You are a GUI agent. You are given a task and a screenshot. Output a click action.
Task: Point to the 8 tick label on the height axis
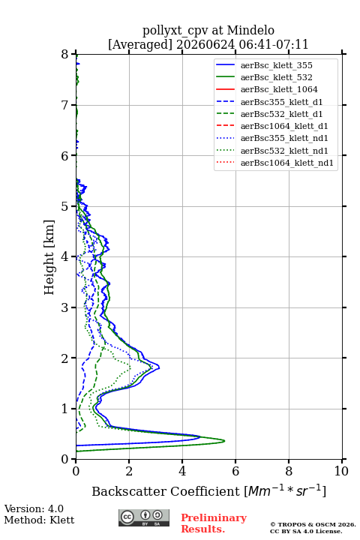tap(65, 54)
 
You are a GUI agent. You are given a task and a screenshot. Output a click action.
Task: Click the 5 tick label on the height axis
tap(65, 206)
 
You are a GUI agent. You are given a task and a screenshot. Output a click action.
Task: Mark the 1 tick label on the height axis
tap(65, 409)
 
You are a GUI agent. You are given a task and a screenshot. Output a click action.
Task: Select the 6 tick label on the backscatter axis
tap(235, 471)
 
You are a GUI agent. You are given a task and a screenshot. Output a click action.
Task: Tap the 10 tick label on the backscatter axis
tap(341, 471)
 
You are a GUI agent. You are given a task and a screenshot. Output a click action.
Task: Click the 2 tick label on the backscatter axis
tap(129, 471)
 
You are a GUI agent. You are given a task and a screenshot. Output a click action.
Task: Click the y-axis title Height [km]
tap(49, 257)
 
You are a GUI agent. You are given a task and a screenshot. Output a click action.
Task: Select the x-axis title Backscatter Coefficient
tap(166, 491)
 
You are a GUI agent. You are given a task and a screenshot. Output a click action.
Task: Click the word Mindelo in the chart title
tap(250, 30)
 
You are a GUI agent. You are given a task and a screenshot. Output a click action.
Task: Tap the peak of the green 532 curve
tap(224, 441)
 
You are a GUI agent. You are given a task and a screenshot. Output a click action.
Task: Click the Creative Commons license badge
tap(144, 517)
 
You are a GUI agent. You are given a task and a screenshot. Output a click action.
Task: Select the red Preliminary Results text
tap(214, 523)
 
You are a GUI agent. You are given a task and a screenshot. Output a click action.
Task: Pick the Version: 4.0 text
tap(34, 508)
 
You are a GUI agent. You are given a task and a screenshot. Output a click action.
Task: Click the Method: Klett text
tap(39, 520)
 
